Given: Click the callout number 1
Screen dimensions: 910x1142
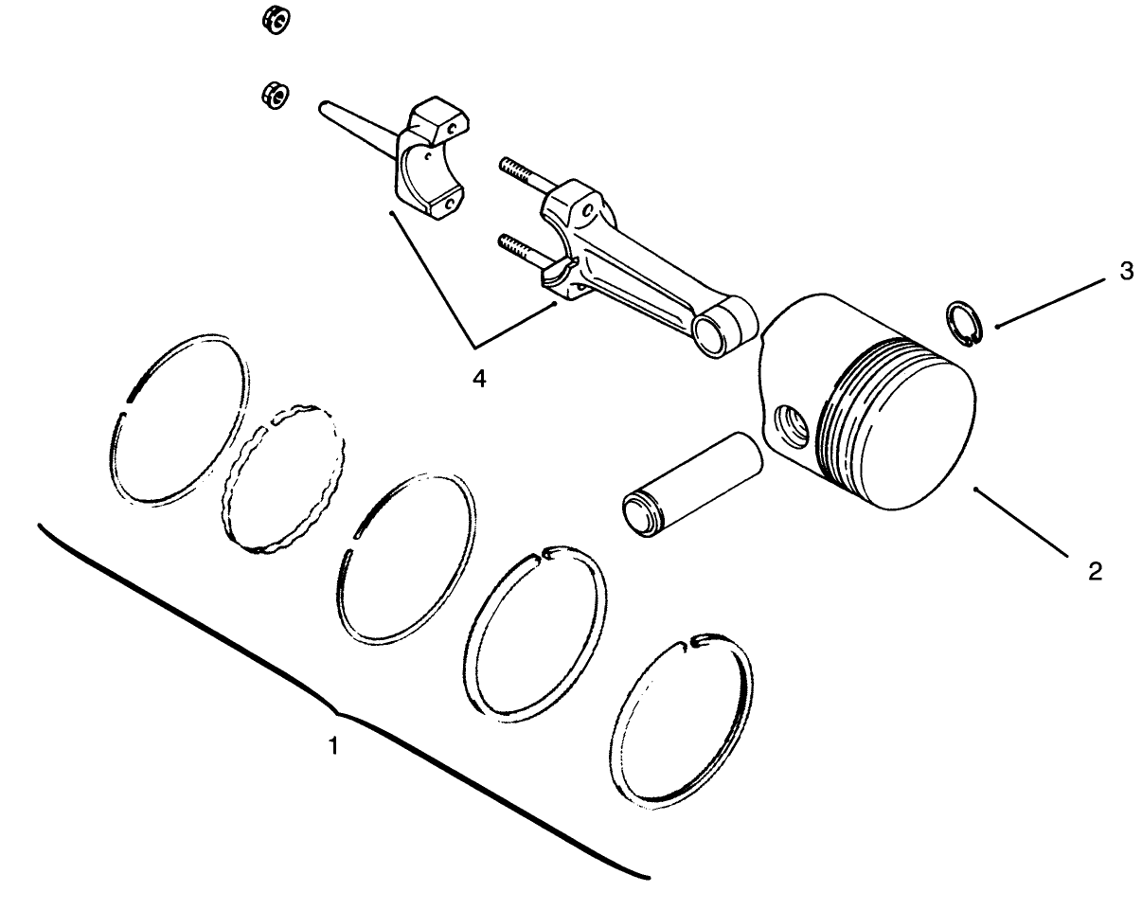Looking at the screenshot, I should [x=332, y=746].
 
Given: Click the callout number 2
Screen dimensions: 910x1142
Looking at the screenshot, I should [x=1095, y=572].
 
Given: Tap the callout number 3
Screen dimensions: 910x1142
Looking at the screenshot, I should [x=1125, y=272].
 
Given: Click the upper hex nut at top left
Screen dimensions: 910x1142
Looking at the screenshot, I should [x=276, y=22].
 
